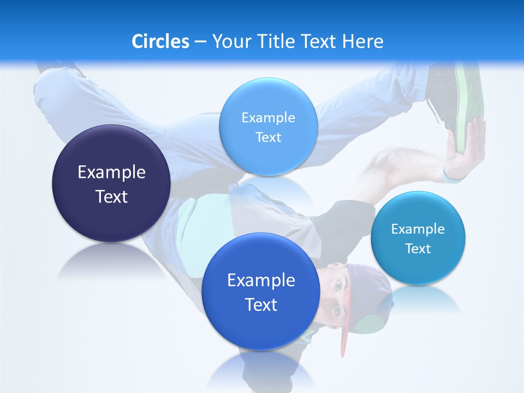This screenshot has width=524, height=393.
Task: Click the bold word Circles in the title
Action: click(160, 41)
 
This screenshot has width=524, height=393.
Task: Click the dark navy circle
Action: click(111, 183)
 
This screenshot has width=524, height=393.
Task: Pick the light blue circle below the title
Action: click(268, 126)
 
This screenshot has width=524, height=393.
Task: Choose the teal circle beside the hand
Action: click(418, 238)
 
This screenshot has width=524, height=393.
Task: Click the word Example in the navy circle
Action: click(111, 172)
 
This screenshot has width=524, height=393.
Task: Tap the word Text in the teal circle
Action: click(418, 249)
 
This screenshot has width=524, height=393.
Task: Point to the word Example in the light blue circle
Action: click(268, 117)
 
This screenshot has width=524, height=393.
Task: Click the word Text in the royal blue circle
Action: click(261, 305)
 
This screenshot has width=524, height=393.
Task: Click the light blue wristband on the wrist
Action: click(452, 176)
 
